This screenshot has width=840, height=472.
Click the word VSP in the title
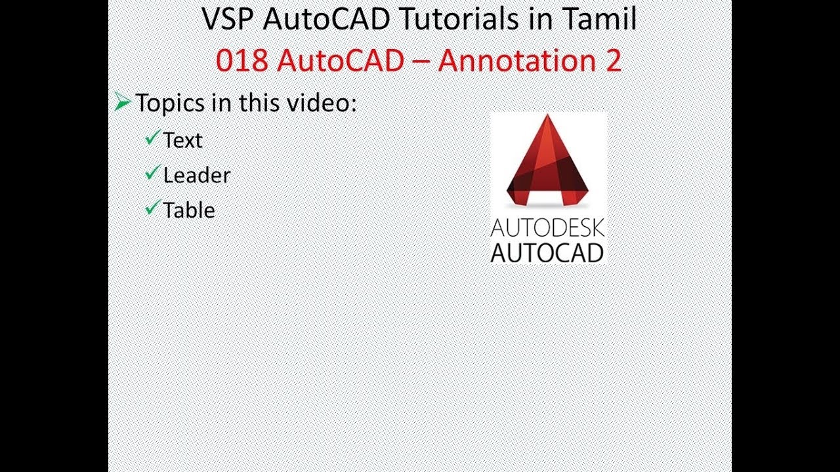(228, 19)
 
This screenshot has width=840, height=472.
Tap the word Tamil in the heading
(601, 19)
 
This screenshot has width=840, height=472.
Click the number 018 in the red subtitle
(241, 60)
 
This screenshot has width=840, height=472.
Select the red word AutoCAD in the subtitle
(341, 60)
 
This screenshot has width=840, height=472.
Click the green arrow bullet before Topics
(122, 102)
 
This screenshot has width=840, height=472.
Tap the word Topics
(170, 103)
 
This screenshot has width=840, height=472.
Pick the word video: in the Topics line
(324, 102)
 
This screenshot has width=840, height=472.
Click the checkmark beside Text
(153, 138)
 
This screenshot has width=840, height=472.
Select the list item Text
(183, 140)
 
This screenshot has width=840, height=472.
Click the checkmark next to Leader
(153, 173)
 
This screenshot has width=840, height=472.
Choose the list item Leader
(197, 176)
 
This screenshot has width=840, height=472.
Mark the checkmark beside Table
(153, 208)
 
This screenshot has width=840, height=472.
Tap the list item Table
(189, 210)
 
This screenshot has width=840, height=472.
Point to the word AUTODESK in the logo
(547, 229)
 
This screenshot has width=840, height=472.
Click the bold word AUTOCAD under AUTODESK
(547, 252)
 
